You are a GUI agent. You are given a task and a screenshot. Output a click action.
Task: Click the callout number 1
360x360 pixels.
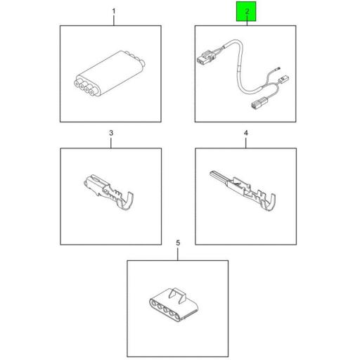point(114,11)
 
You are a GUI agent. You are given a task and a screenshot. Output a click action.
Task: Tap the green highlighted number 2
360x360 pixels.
point(247,11)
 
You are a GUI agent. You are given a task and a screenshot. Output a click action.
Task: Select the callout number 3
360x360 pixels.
point(111,133)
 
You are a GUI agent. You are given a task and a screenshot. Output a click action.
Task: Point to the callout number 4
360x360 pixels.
point(245,133)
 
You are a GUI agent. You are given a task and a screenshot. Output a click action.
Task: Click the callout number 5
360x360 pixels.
point(178,243)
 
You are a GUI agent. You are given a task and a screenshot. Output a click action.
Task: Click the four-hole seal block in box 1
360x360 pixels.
point(110,73)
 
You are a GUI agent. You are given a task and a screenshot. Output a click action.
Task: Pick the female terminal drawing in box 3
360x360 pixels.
point(108,192)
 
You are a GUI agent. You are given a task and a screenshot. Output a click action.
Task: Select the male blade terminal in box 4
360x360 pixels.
point(243,190)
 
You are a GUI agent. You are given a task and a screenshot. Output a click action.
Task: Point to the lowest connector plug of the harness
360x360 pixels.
point(257,103)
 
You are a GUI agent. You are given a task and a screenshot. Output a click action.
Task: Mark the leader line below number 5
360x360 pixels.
point(178,254)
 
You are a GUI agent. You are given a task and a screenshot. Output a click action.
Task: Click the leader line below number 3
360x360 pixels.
point(111,143)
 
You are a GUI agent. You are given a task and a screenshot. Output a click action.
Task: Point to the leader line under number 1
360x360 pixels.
point(114,20)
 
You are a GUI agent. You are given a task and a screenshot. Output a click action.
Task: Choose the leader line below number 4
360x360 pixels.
point(245,143)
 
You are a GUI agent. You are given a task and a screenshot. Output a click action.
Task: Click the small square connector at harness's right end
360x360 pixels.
point(283,79)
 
